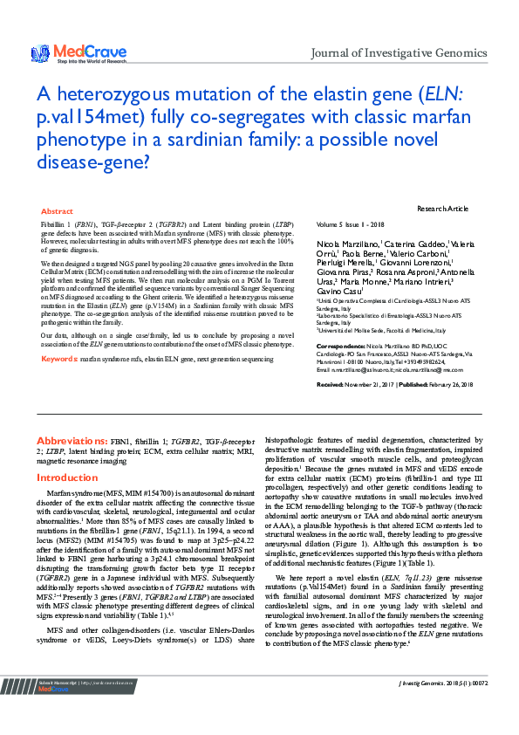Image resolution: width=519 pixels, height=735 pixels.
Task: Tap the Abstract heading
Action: click(58, 211)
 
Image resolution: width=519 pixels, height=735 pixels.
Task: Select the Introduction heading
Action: click(67, 478)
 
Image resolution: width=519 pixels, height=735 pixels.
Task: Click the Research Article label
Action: click(442, 209)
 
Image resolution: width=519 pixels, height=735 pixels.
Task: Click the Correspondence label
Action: click(343, 347)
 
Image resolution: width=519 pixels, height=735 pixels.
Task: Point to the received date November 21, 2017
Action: click(380, 384)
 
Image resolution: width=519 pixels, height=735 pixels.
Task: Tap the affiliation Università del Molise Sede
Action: click(362, 331)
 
